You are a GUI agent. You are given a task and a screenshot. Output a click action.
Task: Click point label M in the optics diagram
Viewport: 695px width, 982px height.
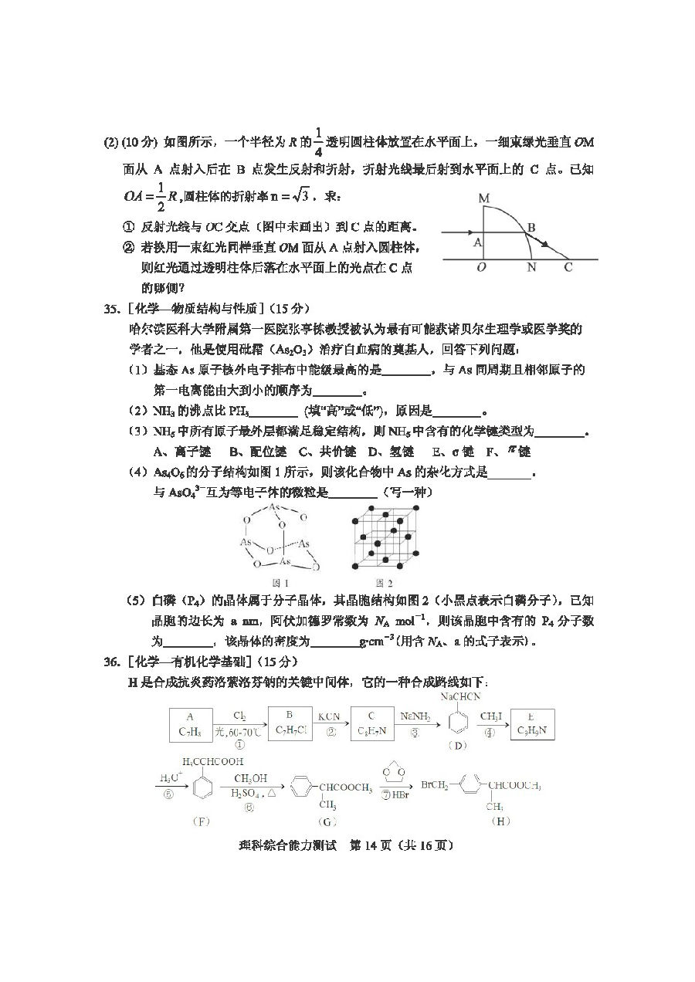483,199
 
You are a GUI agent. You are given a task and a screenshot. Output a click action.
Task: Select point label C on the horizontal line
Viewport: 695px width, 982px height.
568,268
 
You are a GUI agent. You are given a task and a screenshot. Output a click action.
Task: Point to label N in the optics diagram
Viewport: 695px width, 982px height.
531,268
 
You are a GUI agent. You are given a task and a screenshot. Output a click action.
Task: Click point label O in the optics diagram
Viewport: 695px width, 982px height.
481,268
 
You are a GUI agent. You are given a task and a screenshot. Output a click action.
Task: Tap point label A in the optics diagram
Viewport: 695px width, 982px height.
478,242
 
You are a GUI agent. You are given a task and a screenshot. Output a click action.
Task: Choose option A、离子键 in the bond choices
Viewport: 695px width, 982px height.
178,451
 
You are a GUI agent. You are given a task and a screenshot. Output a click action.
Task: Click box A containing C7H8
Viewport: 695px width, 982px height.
190,723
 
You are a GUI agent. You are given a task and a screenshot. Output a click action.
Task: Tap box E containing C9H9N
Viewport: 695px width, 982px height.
533,723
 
